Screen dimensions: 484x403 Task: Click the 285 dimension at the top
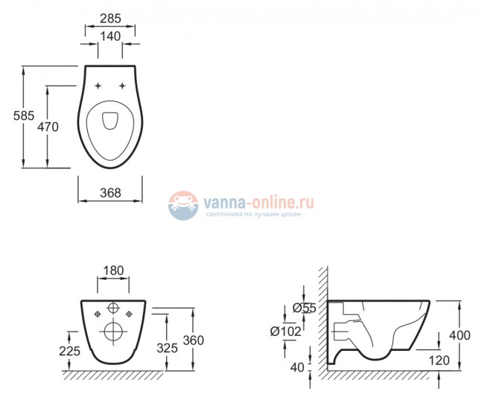point(110,19)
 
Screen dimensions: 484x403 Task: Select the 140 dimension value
point(110,37)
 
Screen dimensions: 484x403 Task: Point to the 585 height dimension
point(24,115)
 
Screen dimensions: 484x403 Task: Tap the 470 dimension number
point(48,127)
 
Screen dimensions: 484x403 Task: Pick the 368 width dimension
point(110,193)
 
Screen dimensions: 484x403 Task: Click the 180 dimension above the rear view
point(113,270)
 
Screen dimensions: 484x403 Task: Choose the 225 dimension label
point(70,351)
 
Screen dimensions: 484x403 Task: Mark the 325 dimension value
point(168,348)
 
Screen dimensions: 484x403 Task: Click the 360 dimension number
point(194,340)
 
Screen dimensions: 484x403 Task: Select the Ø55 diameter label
point(305,308)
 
